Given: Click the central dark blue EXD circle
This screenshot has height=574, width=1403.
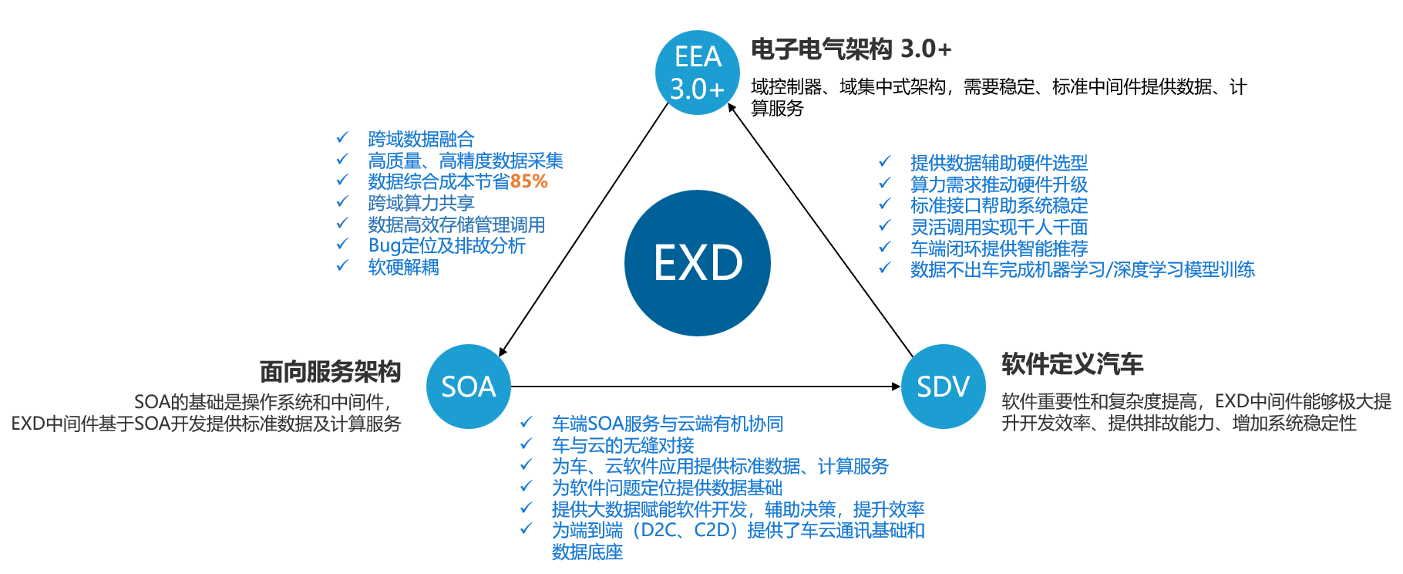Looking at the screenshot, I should (x=697, y=263).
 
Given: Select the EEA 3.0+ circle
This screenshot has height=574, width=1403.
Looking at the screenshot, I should (x=697, y=73).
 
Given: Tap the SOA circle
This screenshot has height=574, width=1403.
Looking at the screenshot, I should (x=468, y=387).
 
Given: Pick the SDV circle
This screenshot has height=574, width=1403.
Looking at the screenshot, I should (x=943, y=387).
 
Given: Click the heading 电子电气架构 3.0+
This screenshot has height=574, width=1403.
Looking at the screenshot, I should (x=851, y=49).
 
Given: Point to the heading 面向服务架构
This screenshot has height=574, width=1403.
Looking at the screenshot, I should (x=330, y=372).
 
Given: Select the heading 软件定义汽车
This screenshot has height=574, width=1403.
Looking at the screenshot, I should (x=1072, y=364).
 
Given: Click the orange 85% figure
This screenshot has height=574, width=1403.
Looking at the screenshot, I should (x=529, y=182).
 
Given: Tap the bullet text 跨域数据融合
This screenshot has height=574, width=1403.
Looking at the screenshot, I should (x=421, y=140).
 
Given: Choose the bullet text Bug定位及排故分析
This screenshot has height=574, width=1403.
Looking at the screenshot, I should (x=447, y=246).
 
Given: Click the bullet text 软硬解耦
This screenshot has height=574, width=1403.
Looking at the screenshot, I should (x=403, y=268).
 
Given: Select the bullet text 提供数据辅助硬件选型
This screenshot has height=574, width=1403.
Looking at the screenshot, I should (x=998, y=163).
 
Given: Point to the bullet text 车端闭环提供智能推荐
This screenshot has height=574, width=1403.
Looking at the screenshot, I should (x=998, y=248).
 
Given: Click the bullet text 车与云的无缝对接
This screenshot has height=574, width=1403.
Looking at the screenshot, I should (x=623, y=445).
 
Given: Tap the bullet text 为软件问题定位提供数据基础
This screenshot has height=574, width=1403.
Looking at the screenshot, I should (x=667, y=488).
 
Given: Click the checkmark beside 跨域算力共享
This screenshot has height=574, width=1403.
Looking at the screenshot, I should (x=342, y=202).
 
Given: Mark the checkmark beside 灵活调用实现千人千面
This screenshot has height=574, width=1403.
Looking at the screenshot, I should (x=885, y=226).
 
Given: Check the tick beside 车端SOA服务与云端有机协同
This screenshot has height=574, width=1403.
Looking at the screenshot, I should (x=526, y=422).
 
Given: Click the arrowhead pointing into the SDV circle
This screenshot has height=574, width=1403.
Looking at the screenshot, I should (x=896, y=387).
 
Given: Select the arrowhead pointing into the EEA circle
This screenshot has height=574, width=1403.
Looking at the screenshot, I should (x=732, y=109).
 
